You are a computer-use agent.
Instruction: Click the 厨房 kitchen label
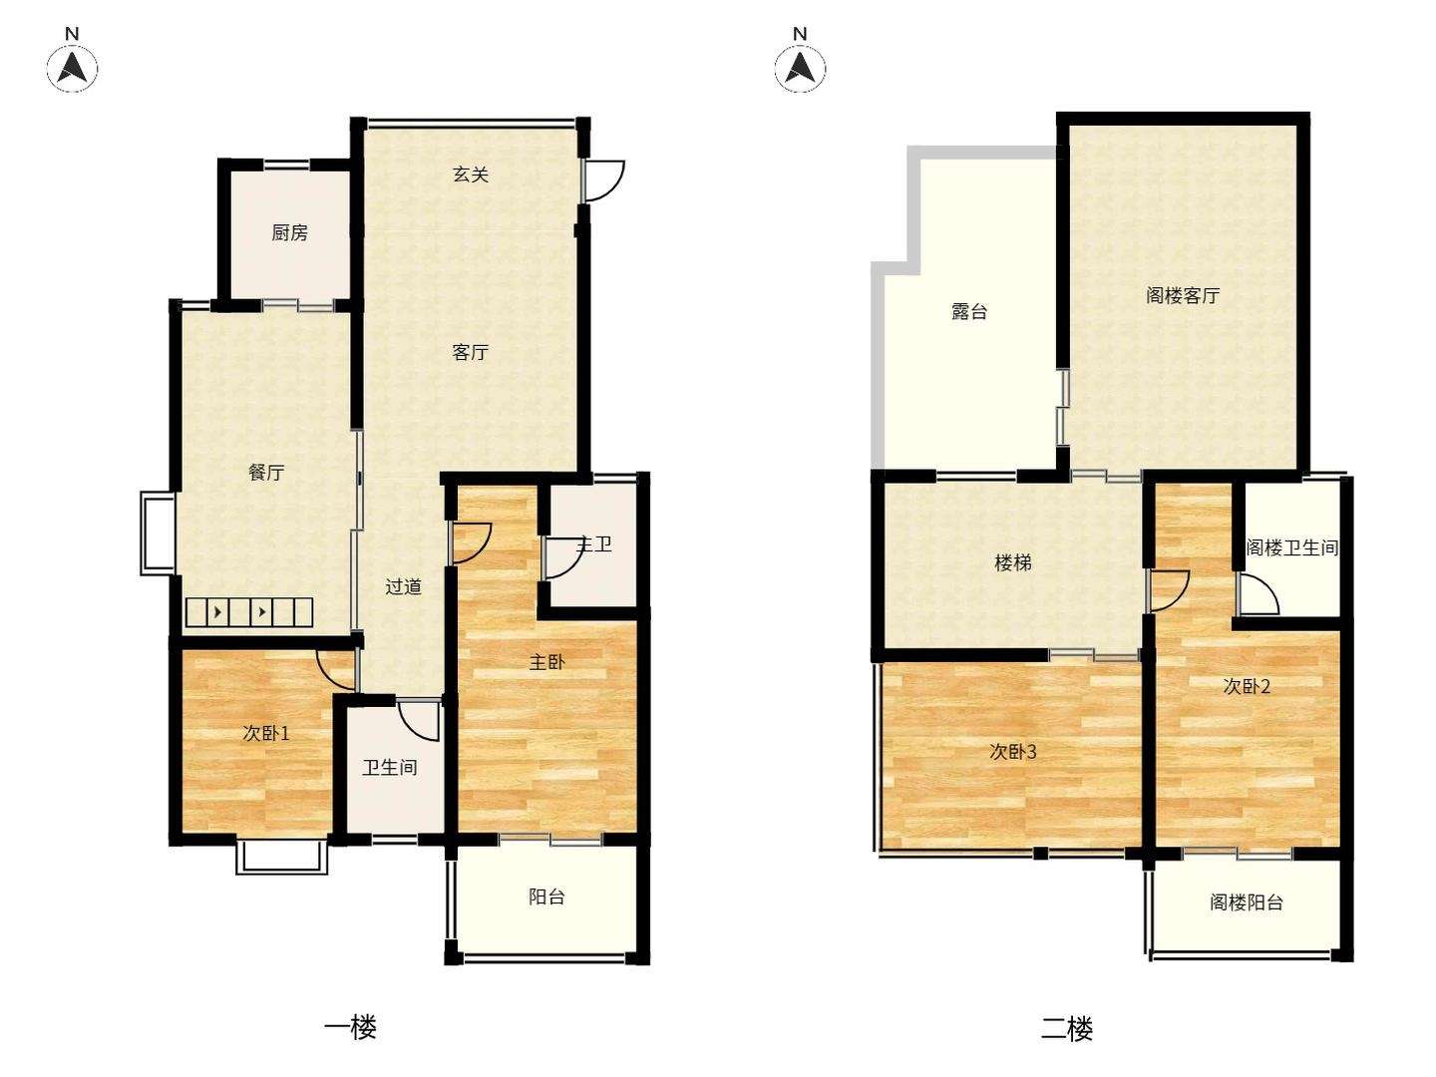(x=289, y=232)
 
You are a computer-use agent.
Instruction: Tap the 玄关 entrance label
(x=471, y=175)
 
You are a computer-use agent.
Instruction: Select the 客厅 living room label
(x=471, y=352)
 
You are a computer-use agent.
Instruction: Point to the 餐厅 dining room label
(x=266, y=472)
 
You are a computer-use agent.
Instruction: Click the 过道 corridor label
(x=402, y=586)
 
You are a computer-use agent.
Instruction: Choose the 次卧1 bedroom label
(x=265, y=733)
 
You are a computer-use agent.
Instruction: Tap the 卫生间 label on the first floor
(x=390, y=767)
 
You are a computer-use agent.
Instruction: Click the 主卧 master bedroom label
(x=546, y=662)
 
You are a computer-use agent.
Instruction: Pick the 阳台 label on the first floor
(x=546, y=897)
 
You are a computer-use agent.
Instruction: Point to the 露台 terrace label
(x=969, y=311)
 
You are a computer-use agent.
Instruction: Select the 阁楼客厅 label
(x=1183, y=295)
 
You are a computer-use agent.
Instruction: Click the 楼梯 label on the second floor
(x=1013, y=562)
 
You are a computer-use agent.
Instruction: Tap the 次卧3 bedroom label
(x=1013, y=752)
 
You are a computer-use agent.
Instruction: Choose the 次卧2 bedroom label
(x=1247, y=686)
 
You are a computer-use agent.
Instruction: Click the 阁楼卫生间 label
(x=1292, y=547)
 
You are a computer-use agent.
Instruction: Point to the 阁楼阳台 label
(x=1247, y=902)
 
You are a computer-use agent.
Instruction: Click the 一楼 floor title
(x=351, y=1027)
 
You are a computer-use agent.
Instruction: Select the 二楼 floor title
(x=1067, y=1027)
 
